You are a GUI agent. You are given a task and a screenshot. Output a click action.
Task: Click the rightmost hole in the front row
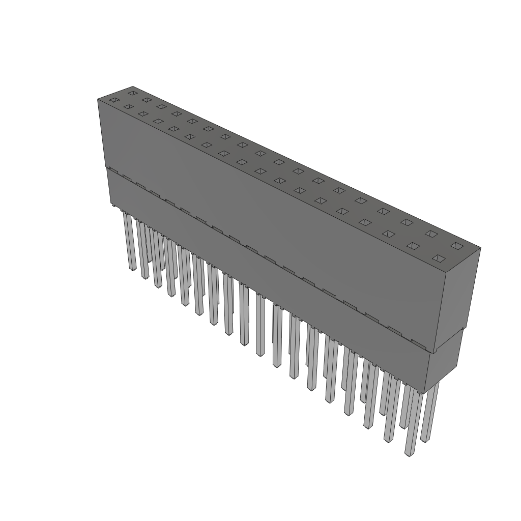438,258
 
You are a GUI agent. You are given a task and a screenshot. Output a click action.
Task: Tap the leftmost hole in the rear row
133,93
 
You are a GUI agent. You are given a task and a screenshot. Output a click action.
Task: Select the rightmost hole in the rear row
456,246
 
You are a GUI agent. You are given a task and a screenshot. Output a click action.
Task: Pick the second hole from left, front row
128,107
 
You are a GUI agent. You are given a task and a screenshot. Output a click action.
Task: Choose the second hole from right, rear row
431,234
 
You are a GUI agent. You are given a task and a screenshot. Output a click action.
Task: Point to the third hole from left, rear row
162,106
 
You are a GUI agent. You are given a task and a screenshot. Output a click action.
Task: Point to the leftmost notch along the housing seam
113,171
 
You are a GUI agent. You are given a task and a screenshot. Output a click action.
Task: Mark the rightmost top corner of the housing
480,248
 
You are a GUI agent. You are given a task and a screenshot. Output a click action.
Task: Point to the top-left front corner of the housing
98,99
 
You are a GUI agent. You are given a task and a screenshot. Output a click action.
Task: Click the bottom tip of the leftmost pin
132,269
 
